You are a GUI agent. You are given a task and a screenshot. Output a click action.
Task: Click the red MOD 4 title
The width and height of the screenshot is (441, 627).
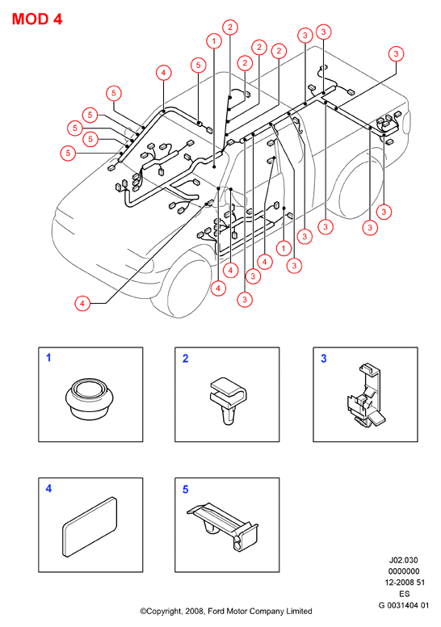point(37,19)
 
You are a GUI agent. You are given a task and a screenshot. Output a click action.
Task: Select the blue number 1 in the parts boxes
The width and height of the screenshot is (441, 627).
point(48,357)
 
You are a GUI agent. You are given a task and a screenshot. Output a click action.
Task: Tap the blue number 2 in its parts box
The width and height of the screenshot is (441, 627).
point(185,358)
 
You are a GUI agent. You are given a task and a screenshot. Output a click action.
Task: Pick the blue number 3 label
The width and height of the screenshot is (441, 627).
point(324,358)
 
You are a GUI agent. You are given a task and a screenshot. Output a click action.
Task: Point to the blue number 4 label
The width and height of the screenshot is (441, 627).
point(48,489)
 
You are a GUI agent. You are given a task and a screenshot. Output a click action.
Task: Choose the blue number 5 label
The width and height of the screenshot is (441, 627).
point(185,490)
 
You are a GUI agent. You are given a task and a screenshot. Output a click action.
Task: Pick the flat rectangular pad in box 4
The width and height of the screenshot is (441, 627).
point(90,527)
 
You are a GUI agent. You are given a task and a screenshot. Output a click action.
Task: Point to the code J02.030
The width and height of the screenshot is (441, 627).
point(403,560)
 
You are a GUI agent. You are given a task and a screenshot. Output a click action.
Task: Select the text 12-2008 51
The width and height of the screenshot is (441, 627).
point(405,583)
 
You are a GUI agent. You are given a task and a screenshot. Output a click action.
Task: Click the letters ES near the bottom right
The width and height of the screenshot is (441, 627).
point(405,594)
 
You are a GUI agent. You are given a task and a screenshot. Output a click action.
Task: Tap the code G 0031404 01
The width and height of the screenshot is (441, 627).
point(403,605)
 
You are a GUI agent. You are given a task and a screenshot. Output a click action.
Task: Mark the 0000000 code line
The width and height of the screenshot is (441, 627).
point(404,571)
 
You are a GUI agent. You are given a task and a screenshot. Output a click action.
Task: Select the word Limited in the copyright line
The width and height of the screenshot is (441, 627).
point(299,612)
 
